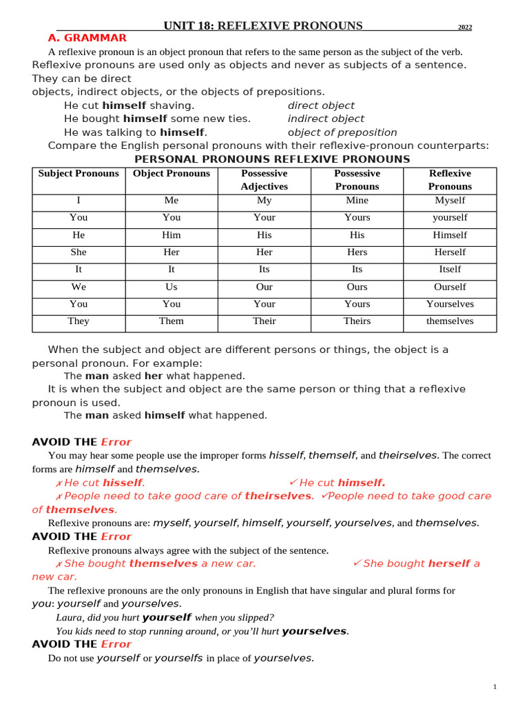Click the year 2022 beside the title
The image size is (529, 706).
pyautogui.click(x=465, y=28)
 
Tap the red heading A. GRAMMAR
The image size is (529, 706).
pyautogui.click(x=87, y=38)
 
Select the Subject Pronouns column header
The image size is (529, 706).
pyautogui.click(x=79, y=174)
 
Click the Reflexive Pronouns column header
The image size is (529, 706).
pyautogui.click(x=450, y=180)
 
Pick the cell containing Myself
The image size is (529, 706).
pyautogui.click(x=450, y=201)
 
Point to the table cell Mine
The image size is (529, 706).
pyautogui.click(x=357, y=201)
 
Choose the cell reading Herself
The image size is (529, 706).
pyautogui.click(x=450, y=252)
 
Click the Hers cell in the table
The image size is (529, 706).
pyautogui.click(x=357, y=252)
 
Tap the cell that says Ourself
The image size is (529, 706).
pyautogui.click(x=450, y=287)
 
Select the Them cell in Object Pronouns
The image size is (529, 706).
pyautogui.click(x=172, y=321)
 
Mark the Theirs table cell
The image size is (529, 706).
pyautogui.click(x=357, y=321)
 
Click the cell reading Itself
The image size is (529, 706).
pyautogui.click(x=450, y=270)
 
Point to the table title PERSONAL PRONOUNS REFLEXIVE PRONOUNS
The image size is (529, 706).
pyautogui.click(x=271, y=159)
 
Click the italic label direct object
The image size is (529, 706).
pyautogui.click(x=321, y=105)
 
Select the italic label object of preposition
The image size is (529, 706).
pyautogui.click(x=342, y=132)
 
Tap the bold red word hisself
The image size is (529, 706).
pyautogui.click(x=123, y=483)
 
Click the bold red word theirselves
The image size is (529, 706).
pyautogui.click(x=278, y=496)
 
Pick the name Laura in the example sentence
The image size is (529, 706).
pyautogui.click(x=70, y=618)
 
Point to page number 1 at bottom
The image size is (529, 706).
pyautogui.click(x=495, y=687)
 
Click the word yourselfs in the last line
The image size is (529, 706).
pyautogui.click(x=179, y=658)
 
